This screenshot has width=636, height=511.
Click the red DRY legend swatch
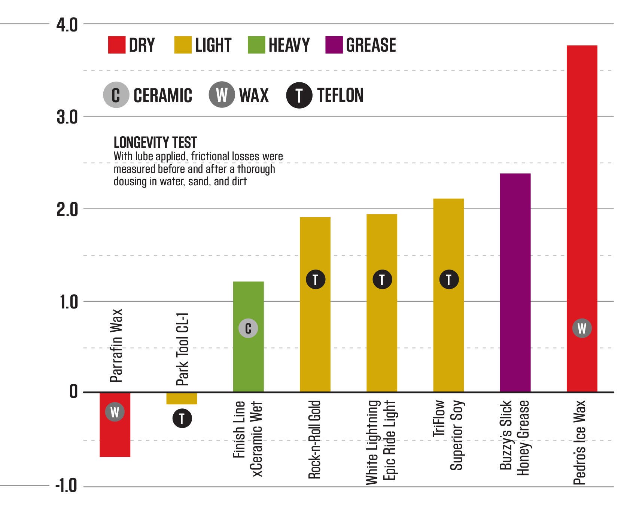click(116, 45)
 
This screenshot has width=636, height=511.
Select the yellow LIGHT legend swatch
click(183, 45)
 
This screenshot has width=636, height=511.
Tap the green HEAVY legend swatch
click(256, 45)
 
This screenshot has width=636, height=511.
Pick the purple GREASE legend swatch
click(334, 45)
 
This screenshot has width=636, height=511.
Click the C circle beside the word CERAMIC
click(116, 95)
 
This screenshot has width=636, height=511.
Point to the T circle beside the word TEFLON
click(299, 95)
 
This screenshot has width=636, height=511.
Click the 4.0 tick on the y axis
click(67, 25)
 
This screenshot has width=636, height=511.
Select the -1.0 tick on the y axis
click(66, 487)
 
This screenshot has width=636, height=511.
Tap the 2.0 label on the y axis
click(67, 209)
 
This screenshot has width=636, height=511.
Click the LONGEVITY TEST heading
click(155, 143)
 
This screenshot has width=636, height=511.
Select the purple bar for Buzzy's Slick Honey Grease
click(515, 283)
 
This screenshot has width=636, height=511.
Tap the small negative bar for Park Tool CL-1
click(182, 398)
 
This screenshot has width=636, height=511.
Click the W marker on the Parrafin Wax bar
click(115, 412)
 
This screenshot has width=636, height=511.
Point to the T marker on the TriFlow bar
click(448, 279)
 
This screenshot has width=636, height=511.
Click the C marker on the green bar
click(248, 328)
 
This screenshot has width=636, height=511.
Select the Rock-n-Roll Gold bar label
click(315, 439)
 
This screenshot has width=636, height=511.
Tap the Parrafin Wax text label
click(116, 346)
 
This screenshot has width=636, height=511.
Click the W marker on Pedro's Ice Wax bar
click(582, 328)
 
